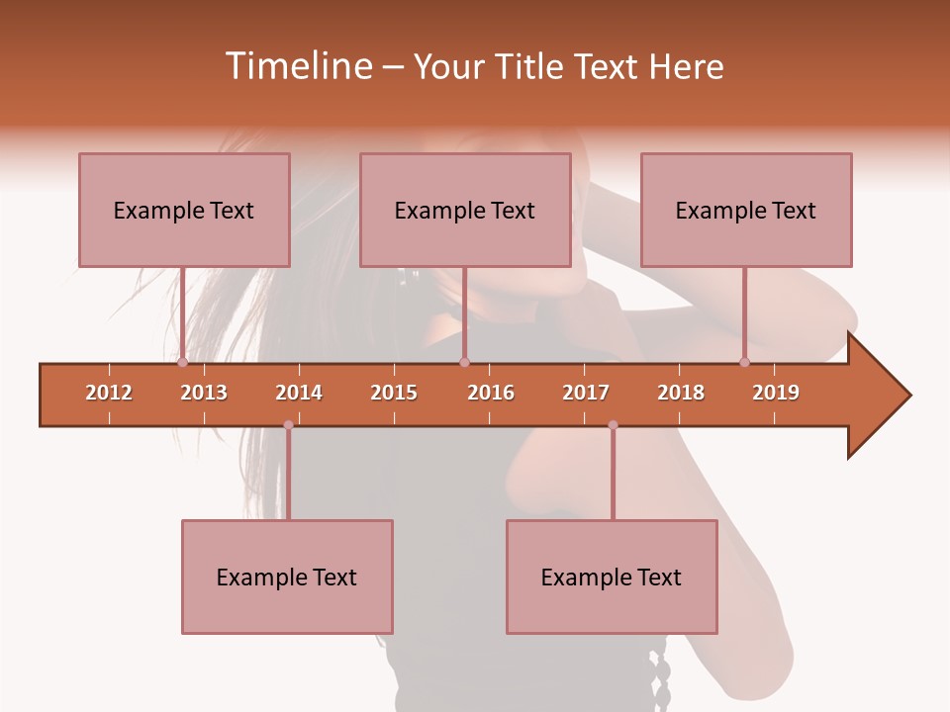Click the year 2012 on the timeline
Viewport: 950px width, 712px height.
[x=109, y=393]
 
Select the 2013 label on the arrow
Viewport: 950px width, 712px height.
[x=204, y=393]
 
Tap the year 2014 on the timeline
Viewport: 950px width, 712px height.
[x=299, y=393]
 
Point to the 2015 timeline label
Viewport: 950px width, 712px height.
[x=394, y=393]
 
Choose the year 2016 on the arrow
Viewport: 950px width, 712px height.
[x=491, y=393]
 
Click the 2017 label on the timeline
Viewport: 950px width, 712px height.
[x=586, y=393]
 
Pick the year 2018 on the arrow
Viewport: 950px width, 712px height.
[x=681, y=393]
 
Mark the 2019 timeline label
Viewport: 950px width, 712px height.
[x=776, y=393]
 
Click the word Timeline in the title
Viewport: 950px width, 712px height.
[x=297, y=66]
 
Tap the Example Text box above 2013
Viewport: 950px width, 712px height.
[x=184, y=210]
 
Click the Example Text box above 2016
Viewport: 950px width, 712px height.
[x=465, y=210]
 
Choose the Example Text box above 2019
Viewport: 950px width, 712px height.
[x=746, y=210]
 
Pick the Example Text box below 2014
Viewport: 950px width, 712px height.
[x=287, y=577]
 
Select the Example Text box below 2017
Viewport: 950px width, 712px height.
[x=612, y=577]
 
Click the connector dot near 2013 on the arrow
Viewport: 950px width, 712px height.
[x=183, y=362]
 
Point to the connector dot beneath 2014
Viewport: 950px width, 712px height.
[x=288, y=425]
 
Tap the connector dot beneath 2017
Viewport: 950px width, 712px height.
[x=613, y=425]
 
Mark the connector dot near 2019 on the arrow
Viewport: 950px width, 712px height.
[x=745, y=362]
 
